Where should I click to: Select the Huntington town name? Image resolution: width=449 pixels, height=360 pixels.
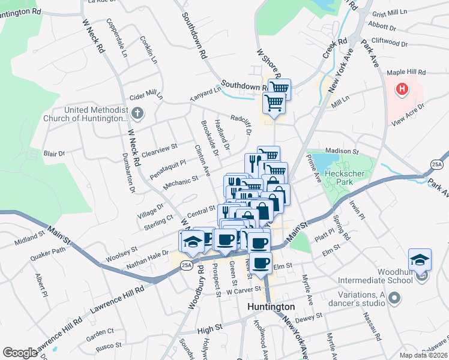271,307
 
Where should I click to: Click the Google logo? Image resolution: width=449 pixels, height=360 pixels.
19,353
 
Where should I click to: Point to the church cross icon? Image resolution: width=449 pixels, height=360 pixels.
137,113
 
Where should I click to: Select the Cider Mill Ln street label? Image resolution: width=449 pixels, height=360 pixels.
146,96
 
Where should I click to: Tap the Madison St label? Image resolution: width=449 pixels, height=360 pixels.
342,152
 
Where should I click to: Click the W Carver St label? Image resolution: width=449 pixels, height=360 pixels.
244,289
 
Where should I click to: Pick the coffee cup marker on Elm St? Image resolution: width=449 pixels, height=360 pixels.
260,263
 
